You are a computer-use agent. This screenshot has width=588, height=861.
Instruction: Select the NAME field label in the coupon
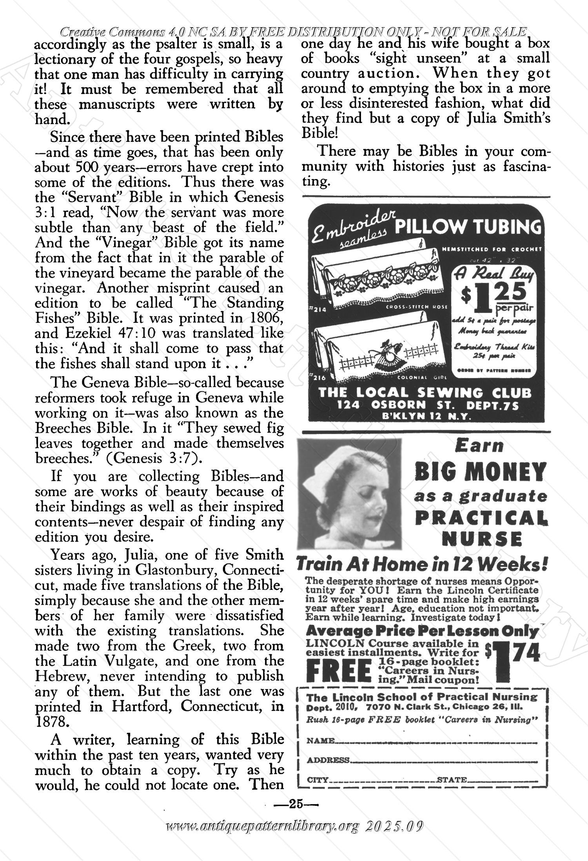[320, 741]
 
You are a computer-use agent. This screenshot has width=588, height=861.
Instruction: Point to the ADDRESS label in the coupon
[328, 760]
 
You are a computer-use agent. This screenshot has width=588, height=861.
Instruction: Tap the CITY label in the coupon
[317, 780]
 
